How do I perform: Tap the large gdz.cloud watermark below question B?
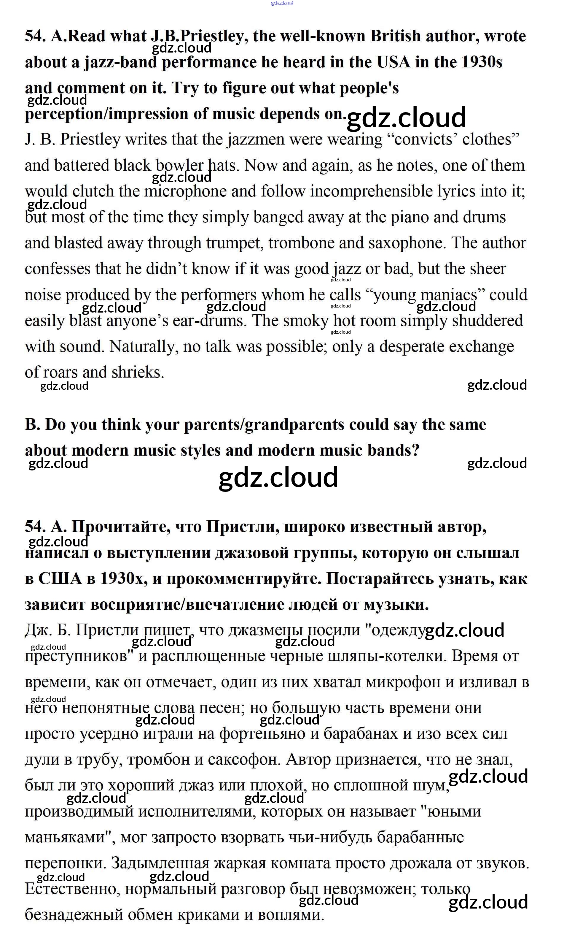(278, 477)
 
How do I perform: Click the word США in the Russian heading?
(60, 578)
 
